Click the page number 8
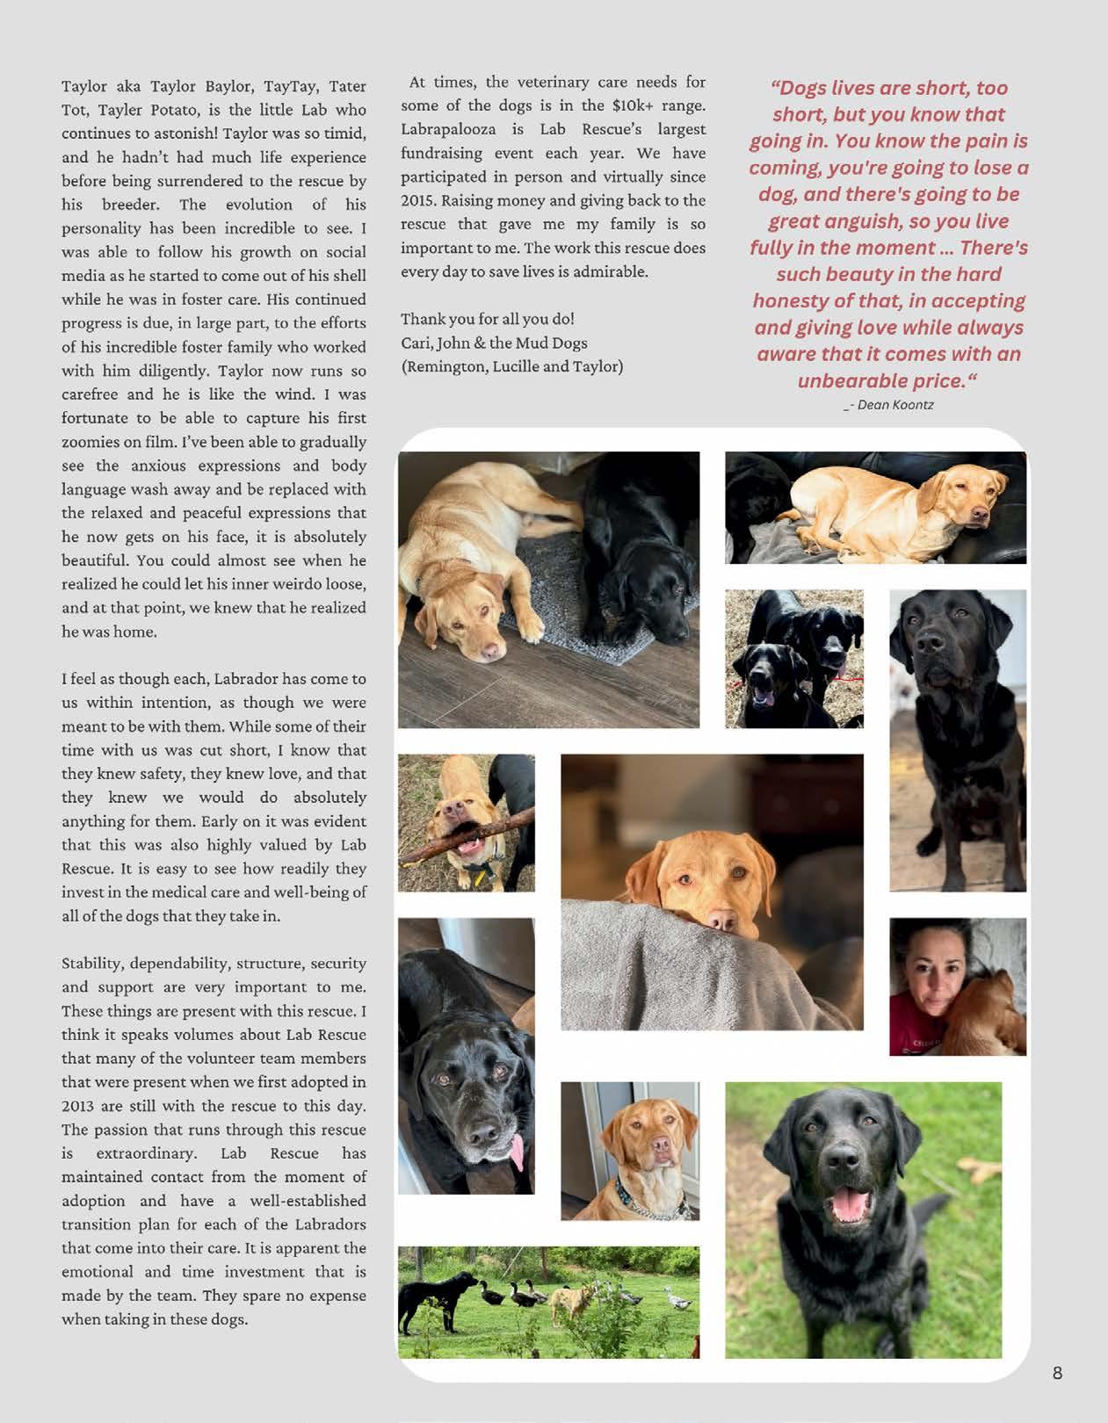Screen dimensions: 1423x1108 pos(1057,1373)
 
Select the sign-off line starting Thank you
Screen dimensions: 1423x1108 pos(488,319)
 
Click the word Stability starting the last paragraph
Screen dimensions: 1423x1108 pos(93,964)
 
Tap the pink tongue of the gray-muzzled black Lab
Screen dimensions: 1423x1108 pos(519,1152)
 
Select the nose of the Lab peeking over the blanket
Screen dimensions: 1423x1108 pos(722,920)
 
